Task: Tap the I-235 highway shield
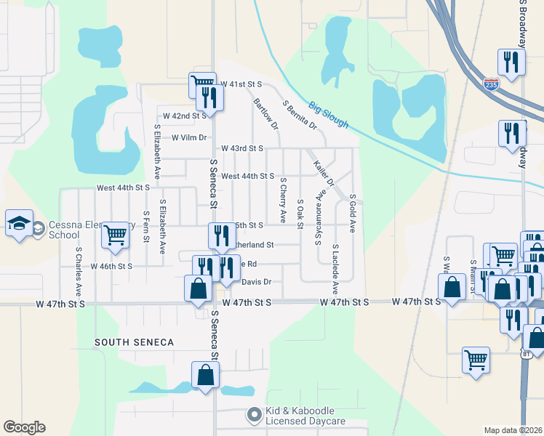[492, 84]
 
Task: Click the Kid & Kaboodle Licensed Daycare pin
[254, 416]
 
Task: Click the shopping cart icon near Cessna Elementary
[115, 235]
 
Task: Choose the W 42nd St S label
[185, 116]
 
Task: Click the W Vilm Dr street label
[189, 137]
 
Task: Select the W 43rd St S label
[242, 148]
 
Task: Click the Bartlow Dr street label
[265, 114]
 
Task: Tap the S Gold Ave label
[352, 213]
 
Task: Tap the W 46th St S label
[111, 267]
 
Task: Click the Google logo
[24, 427]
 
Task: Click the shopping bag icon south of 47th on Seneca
[206, 376]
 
